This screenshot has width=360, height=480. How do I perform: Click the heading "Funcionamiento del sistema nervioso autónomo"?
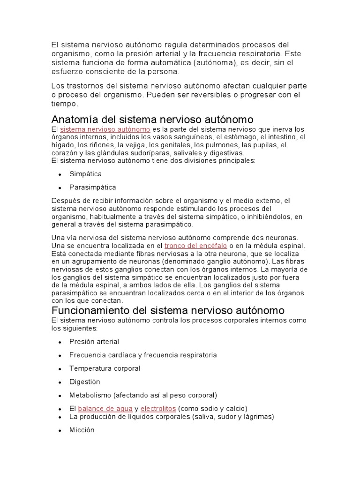(x=168, y=310)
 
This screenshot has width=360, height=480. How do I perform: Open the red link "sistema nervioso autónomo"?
(x=105, y=129)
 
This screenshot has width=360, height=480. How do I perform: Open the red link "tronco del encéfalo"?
(x=195, y=245)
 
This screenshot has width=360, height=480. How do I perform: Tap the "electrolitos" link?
(x=158, y=408)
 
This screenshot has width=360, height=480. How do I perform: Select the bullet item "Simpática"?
(x=85, y=174)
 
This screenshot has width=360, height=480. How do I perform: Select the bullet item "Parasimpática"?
(x=92, y=187)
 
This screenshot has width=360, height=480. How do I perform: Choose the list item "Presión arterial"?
(x=94, y=342)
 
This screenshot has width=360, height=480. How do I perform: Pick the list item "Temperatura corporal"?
(x=105, y=368)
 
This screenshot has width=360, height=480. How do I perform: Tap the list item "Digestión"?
(x=85, y=382)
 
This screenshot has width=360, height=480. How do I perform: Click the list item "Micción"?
(x=82, y=430)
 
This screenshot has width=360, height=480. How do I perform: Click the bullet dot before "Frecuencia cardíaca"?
(x=60, y=355)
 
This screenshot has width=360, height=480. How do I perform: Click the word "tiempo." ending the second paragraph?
(x=65, y=104)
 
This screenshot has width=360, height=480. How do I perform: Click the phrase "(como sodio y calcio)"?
(x=212, y=408)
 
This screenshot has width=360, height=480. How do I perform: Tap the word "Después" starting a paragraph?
(x=65, y=201)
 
